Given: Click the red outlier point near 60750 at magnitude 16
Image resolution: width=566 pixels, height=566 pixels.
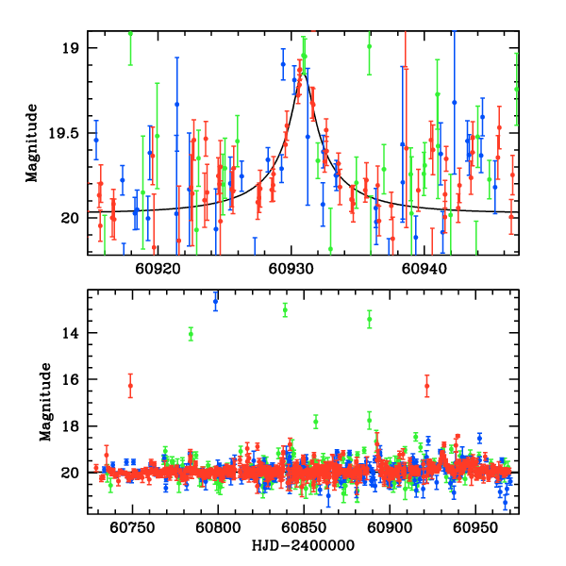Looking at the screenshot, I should coord(130,386).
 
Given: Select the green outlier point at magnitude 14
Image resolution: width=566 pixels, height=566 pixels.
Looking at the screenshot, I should coord(191,333).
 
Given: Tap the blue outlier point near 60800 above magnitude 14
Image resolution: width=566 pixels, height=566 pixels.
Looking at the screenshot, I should coord(215,302).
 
